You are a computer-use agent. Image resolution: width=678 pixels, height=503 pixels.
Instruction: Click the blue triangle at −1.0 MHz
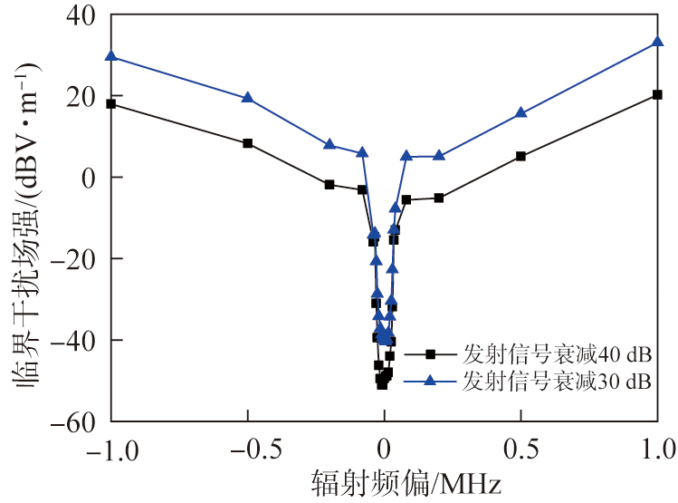(111, 55)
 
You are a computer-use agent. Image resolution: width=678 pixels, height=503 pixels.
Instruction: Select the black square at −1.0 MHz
(111, 103)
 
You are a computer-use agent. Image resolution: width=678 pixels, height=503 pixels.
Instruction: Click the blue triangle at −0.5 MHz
(248, 97)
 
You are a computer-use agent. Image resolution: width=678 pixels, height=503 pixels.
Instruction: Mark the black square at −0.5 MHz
(248, 143)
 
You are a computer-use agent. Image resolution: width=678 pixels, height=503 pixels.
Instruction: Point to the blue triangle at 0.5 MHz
(520, 112)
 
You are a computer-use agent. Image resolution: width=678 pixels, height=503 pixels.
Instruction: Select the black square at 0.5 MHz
(520, 156)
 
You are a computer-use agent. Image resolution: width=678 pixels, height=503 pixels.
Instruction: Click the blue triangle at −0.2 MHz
(329, 144)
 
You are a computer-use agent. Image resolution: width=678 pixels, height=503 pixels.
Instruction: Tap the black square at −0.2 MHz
(329, 184)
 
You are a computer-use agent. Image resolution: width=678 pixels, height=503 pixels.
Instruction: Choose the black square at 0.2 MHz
(439, 198)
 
